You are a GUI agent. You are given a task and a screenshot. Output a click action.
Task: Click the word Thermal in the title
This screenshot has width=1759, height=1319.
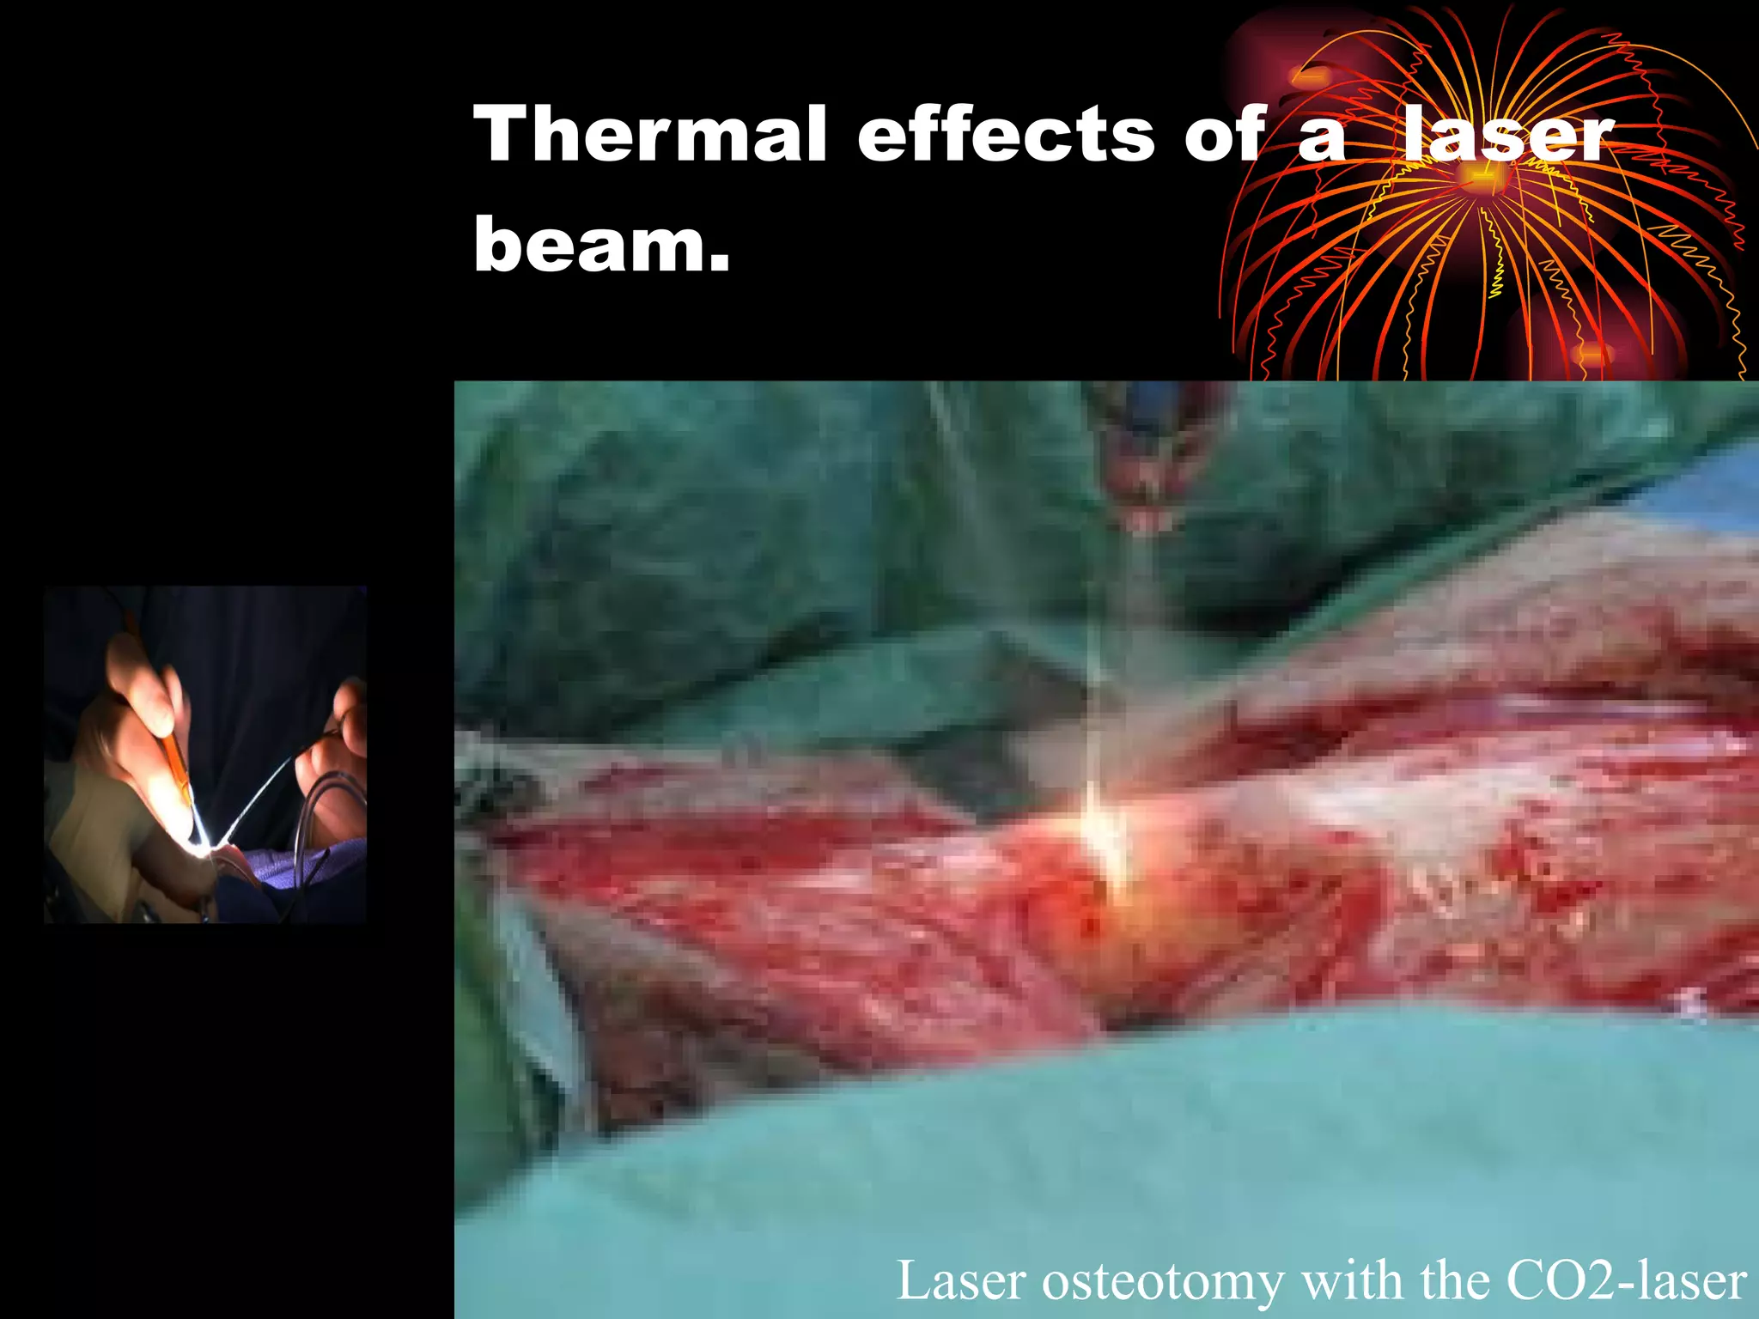coord(649,135)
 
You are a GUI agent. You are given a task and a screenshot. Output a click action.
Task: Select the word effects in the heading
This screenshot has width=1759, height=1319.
coord(1006,135)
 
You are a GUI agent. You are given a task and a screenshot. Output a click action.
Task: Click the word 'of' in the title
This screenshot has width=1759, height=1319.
coord(1225,135)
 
